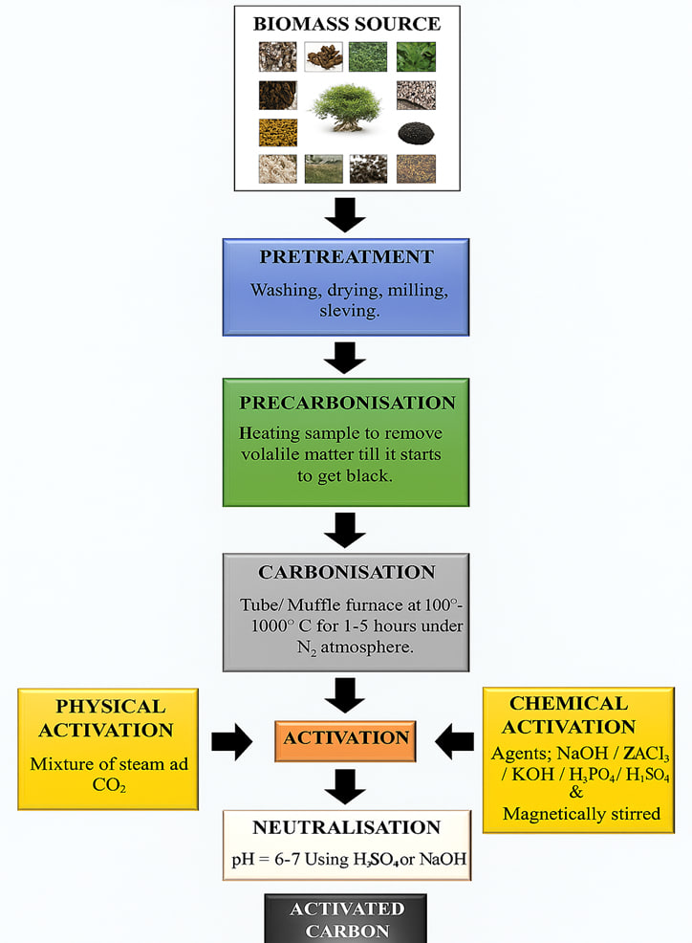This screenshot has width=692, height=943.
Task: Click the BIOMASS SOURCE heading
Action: click(x=346, y=24)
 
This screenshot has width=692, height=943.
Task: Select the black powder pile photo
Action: click(x=416, y=132)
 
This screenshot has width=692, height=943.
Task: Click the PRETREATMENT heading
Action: click(x=346, y=257)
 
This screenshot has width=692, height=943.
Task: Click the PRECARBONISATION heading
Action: click(x=346, y=403)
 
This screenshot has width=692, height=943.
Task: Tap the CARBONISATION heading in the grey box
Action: click(x=346, y=573)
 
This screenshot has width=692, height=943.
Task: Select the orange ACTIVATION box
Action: click(x=345, y=739)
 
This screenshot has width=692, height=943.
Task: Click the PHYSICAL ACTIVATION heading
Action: click(x=108, y=717)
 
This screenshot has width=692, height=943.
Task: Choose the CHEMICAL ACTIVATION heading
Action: click(x=568, y=715)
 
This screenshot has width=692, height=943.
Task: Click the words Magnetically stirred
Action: click(x=569, y=814)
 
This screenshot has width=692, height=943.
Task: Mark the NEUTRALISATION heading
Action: click(x=346, y=828)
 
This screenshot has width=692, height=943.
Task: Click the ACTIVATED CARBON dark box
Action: click(x=346, y=918)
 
